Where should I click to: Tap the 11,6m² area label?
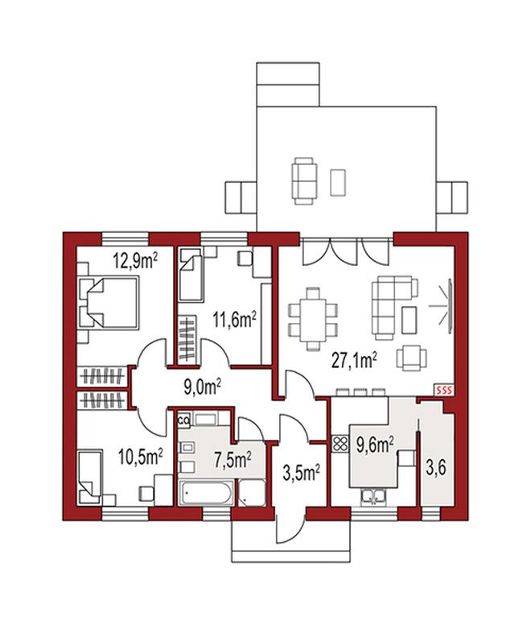234,320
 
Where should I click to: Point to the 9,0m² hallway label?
202,387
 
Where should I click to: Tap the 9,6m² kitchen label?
376,445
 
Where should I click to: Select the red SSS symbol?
444,391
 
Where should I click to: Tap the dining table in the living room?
313,314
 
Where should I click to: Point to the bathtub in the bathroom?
205,493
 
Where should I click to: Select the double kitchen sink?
373,497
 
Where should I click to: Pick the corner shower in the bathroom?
252,493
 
